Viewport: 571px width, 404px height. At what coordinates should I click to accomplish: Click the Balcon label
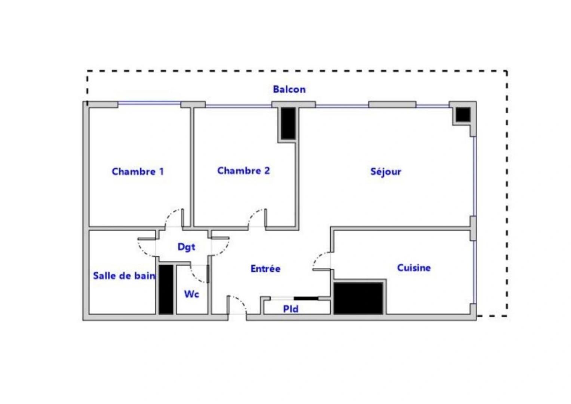point(289,89)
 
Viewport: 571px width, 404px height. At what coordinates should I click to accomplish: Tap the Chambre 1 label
point(138,172)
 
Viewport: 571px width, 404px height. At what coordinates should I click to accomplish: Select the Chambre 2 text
point(243,171)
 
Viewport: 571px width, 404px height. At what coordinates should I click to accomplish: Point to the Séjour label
point(386,172)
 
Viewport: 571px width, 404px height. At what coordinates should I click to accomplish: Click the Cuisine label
point(414,268)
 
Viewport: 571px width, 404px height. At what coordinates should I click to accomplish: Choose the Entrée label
point(265,269)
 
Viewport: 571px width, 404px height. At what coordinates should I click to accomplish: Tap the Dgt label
point(186,247)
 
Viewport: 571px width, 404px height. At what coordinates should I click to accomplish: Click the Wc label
point(191,294)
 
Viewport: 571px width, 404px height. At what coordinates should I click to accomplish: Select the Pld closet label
point(291,309)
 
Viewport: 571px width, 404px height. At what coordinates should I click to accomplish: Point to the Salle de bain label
point(124,276)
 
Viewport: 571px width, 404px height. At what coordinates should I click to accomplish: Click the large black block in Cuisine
point(358,298)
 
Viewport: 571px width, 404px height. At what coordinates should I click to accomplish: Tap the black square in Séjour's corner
point(463,114)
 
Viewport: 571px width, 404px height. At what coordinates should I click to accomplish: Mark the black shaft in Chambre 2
point(288,123)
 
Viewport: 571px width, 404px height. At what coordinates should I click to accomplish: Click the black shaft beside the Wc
point(166,289)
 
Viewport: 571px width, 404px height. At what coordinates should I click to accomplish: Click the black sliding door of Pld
point(306,299)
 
